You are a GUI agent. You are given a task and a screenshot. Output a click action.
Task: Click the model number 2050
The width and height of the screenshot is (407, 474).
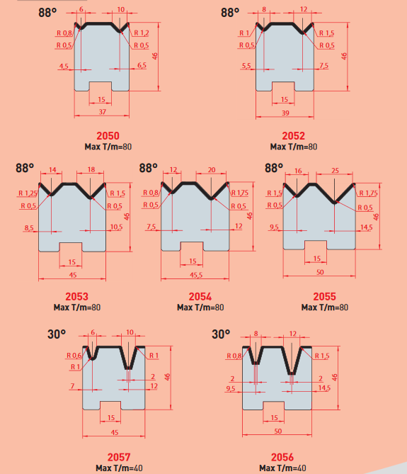click(108, 136)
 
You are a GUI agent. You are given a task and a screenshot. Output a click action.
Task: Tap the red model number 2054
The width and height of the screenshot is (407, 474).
click(200, 297)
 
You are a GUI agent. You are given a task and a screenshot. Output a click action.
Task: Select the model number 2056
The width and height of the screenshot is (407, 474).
click(282, 457)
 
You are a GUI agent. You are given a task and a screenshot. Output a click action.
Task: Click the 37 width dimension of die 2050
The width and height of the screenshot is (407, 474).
click(103, 112)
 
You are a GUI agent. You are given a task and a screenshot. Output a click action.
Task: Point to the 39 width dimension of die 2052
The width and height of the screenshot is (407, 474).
click(285, 113)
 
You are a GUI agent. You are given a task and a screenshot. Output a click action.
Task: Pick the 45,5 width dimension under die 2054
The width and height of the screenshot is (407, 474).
click(196, 275)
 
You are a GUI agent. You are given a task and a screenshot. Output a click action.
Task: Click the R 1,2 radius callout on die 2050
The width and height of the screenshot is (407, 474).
click(142, 33)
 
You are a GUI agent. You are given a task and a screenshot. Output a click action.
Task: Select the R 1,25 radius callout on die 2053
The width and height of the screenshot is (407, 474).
click(28, 193)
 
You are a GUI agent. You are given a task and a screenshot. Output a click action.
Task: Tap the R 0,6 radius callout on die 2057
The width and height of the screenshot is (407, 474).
click(74, 356)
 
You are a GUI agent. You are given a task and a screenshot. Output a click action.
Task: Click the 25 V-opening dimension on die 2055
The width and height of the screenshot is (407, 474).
click(335, 171)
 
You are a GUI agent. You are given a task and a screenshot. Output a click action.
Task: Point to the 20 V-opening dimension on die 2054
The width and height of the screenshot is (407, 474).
click(212, 170)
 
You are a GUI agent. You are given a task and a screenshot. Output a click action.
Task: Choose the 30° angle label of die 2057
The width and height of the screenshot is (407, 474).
click(57, 334)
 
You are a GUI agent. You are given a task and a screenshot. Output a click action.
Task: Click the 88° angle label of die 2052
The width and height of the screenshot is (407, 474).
click(230, 13)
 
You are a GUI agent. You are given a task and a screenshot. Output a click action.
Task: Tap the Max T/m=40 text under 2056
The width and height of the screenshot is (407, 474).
click(282, 468)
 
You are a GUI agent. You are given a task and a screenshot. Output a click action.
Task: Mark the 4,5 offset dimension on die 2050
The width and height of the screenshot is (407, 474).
click(64, 66)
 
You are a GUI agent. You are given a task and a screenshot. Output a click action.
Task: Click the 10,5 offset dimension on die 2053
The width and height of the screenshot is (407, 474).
click(116, 227)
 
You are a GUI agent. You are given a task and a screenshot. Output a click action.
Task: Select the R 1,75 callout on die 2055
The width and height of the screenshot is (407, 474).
click(368, 193)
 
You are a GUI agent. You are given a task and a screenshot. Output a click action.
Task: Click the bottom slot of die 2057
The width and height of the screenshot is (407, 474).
click(111, 406)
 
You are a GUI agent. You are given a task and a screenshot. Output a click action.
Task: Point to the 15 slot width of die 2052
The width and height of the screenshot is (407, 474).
click(284, 99)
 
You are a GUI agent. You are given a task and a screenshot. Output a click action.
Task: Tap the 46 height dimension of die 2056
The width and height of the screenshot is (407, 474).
click(335, 377)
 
